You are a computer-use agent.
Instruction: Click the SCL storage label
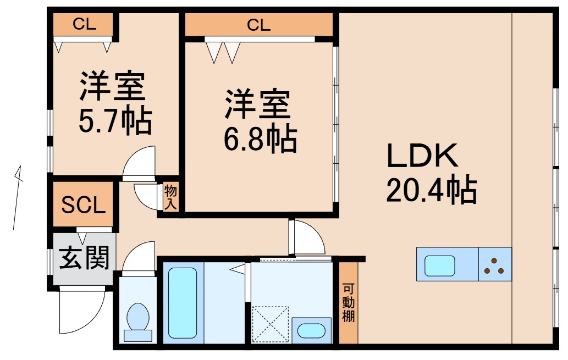pyautogui.click(x=84, y=205)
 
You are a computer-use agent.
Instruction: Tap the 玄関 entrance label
pyautogui.click(x=84, y=258)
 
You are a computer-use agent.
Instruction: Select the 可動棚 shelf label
pyautogui.click(x=348, y=303)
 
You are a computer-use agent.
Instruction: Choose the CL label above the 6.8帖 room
pyautogui.click(x=258, y=25)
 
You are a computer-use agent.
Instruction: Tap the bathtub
pyautogui.click(x=183, y=303)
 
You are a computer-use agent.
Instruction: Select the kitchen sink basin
pyautogui.click(x=440, y=265)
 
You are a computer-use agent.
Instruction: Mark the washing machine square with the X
pyautogui.click(x=270, y=324)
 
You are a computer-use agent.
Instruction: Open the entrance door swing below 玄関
pyautogui.click(x=81, y=310)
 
